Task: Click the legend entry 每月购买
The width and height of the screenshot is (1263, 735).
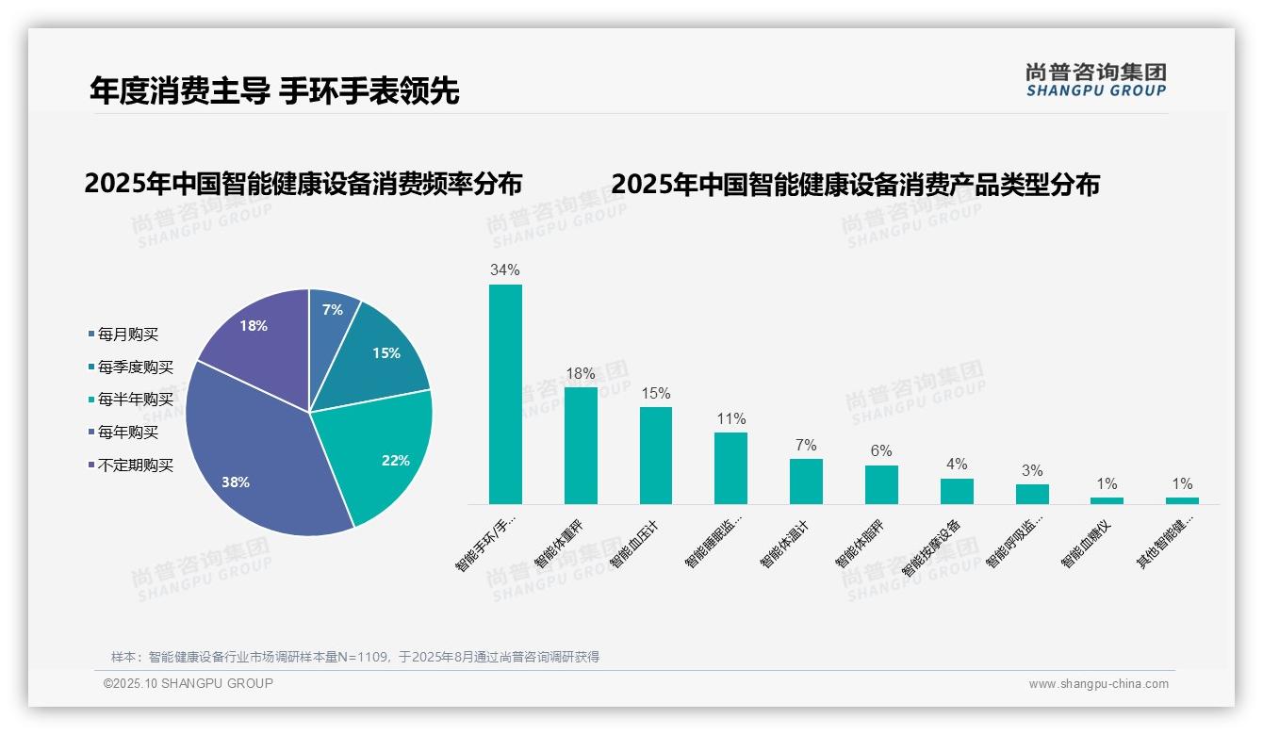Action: (x=127, y=334)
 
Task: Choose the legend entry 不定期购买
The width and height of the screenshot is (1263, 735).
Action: (x=135, y=465)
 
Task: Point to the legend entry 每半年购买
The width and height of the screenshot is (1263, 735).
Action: (x=135, y=400)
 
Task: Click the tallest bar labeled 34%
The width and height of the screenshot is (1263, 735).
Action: (x=505, y=396)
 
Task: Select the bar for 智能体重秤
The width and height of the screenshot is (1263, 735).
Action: (x=581, y=445)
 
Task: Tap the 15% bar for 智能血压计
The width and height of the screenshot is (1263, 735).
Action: (x=656, y=456)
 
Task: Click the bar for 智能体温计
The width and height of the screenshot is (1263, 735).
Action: (x=806, y=482)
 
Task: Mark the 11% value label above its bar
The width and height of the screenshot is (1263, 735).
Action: (x=730, y=419)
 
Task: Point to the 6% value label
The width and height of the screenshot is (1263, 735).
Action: (x=881, y=451)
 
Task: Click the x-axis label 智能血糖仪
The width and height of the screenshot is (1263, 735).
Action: (x=1091, y=541)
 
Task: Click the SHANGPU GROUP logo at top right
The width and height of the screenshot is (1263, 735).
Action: (x=1096, y=80)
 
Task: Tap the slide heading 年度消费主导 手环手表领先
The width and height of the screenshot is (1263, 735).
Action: (x=274, y=90)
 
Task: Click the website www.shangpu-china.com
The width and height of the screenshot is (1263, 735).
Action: (x=1098, y=684)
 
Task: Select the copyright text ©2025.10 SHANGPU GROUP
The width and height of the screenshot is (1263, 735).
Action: (x=188, y=684)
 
